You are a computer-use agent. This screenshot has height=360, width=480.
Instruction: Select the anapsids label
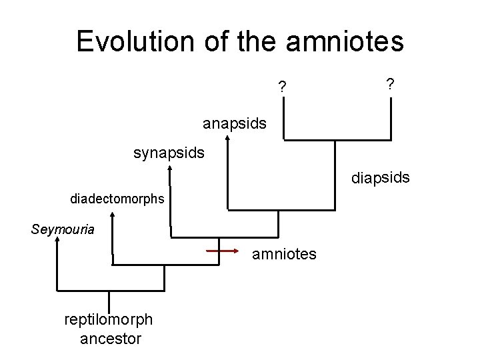click(x=235, y=123)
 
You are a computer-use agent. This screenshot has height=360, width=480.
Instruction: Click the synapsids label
click(x=169, y=153)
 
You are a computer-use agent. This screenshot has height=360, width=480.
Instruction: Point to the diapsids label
click(x=381, y=178)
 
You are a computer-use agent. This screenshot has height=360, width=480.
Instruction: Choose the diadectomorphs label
click(x=117, y=199)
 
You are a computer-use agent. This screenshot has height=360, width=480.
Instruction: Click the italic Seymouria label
click(x=63, y=229)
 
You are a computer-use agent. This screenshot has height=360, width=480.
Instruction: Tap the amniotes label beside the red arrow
click(x=284, y=254)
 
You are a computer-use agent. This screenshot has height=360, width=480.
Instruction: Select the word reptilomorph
click(x=109, y=319)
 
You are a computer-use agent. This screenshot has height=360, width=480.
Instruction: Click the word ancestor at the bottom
click(x=111, y=339)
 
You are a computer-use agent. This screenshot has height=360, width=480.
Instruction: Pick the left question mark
click(x=283, y=87)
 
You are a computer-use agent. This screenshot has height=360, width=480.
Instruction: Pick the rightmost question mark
click(x=390, y=83)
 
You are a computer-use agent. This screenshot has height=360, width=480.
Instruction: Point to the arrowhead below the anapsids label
click(x=228, y=139)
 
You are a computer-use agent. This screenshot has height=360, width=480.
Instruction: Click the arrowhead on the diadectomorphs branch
click(x=112, y=215)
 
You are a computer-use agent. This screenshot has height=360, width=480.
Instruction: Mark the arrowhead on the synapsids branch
click(x=170, y=170)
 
